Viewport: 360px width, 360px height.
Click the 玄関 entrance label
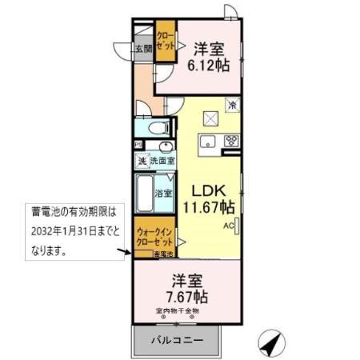pos(144,50)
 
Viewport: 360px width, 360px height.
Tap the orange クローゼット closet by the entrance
pos(165,42)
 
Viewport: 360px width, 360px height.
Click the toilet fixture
pos(155,126)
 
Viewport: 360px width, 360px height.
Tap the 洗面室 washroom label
pos(162,162)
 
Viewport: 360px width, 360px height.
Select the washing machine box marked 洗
pos(142,162)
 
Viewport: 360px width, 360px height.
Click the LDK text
pos(211,190)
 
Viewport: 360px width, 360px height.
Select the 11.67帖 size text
pos(211,208)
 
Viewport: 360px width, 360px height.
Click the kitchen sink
pos(206,142)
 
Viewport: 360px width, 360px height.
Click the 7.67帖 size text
pos(187,296)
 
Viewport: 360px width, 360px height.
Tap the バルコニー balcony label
pos(177,341)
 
